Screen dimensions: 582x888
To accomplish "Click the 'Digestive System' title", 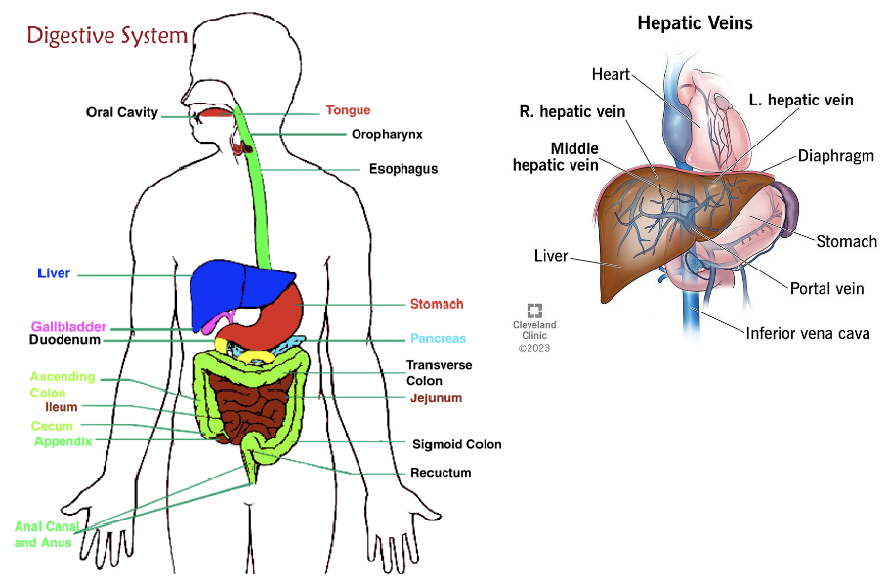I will tap(106, 36).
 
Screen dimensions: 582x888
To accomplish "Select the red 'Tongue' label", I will tap(348, 110).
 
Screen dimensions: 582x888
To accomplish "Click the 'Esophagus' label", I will tap(402, 168).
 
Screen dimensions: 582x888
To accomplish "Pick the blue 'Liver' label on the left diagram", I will tap(53, 273).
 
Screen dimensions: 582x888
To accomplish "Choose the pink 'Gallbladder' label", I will tap(67, 326).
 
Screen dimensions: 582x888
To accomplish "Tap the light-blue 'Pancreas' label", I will tap(438, 339).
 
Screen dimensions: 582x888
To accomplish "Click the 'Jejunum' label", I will tap(436, 398).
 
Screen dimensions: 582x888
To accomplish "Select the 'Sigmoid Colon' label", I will tap(456, 444).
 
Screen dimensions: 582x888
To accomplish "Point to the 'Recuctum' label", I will tap(441, 473).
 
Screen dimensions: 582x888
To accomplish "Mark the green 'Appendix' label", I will tap(63, 441).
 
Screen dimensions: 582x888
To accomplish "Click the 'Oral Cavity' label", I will tap(121, 112).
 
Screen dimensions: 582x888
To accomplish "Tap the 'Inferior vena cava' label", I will tap(807, 333).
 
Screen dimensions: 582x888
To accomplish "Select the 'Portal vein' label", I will tap(826, 288).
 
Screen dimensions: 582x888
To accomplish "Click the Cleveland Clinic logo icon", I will tap(534, 311).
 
